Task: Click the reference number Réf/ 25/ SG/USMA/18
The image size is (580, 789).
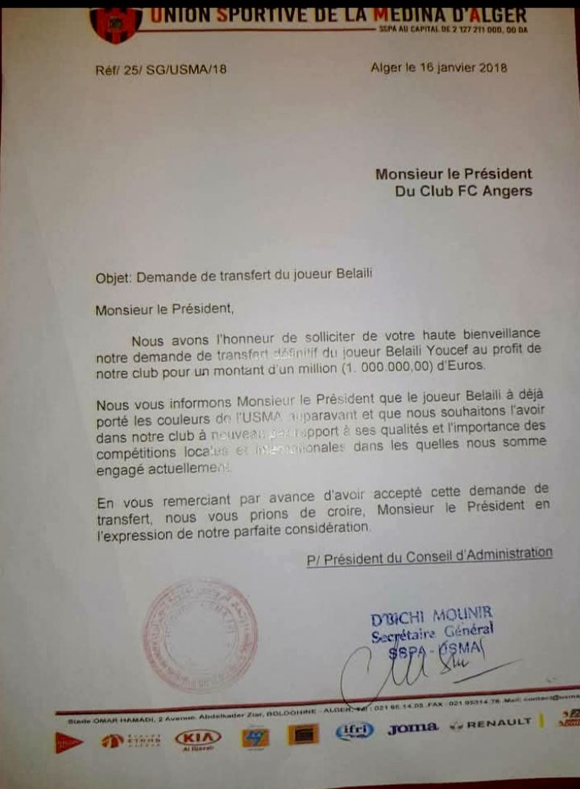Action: pos(160,69)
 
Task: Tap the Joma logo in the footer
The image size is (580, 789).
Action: pos(412,729)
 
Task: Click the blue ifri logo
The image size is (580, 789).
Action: pos(354,731)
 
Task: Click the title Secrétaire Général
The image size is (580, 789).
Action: pos(432,633)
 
